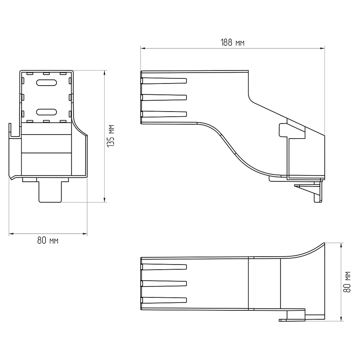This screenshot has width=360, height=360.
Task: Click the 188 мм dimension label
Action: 232,43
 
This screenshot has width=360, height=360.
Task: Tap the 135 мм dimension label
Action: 111,136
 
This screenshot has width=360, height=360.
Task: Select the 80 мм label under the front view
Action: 48,240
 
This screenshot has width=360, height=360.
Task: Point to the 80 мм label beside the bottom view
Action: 347,282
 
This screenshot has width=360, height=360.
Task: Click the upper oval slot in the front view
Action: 46,83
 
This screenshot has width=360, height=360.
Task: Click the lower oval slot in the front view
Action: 46,112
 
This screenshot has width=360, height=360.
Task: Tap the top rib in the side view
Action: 164,81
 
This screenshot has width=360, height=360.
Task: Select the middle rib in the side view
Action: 164,97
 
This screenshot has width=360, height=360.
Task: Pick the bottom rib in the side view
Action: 164,114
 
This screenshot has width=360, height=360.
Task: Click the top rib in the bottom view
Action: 164,267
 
